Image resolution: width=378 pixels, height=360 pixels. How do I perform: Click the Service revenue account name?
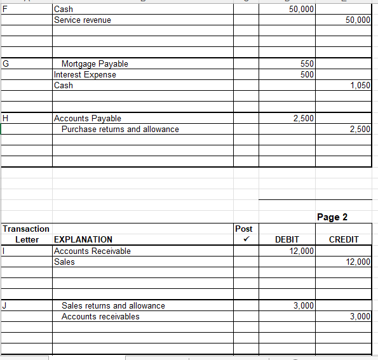83,20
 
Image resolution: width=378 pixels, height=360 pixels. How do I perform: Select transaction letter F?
6,10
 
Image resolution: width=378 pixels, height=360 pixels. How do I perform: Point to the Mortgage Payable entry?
95,64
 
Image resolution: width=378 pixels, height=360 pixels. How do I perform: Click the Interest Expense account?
85,75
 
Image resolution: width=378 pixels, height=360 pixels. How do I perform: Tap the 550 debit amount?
307,64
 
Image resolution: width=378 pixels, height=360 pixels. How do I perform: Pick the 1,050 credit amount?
360,86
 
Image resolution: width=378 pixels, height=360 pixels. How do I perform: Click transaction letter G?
6,64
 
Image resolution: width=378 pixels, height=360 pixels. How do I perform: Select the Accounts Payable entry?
88,119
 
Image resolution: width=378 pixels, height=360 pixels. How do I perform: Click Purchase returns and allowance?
120,130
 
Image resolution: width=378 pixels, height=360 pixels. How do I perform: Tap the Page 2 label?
332,217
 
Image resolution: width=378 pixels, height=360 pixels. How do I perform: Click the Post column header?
243,229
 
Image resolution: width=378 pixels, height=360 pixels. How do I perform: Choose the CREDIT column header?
344,239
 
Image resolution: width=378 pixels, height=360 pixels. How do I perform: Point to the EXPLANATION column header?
83,239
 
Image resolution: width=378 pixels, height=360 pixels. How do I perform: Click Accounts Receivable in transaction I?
92,251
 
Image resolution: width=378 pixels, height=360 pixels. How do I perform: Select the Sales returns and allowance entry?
113,305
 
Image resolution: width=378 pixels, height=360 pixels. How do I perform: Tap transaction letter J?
5,305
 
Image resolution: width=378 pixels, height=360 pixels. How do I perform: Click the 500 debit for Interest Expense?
307,75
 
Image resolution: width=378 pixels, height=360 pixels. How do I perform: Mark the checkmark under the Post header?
243,239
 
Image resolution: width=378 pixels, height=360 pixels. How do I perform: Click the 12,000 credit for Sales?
358,262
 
